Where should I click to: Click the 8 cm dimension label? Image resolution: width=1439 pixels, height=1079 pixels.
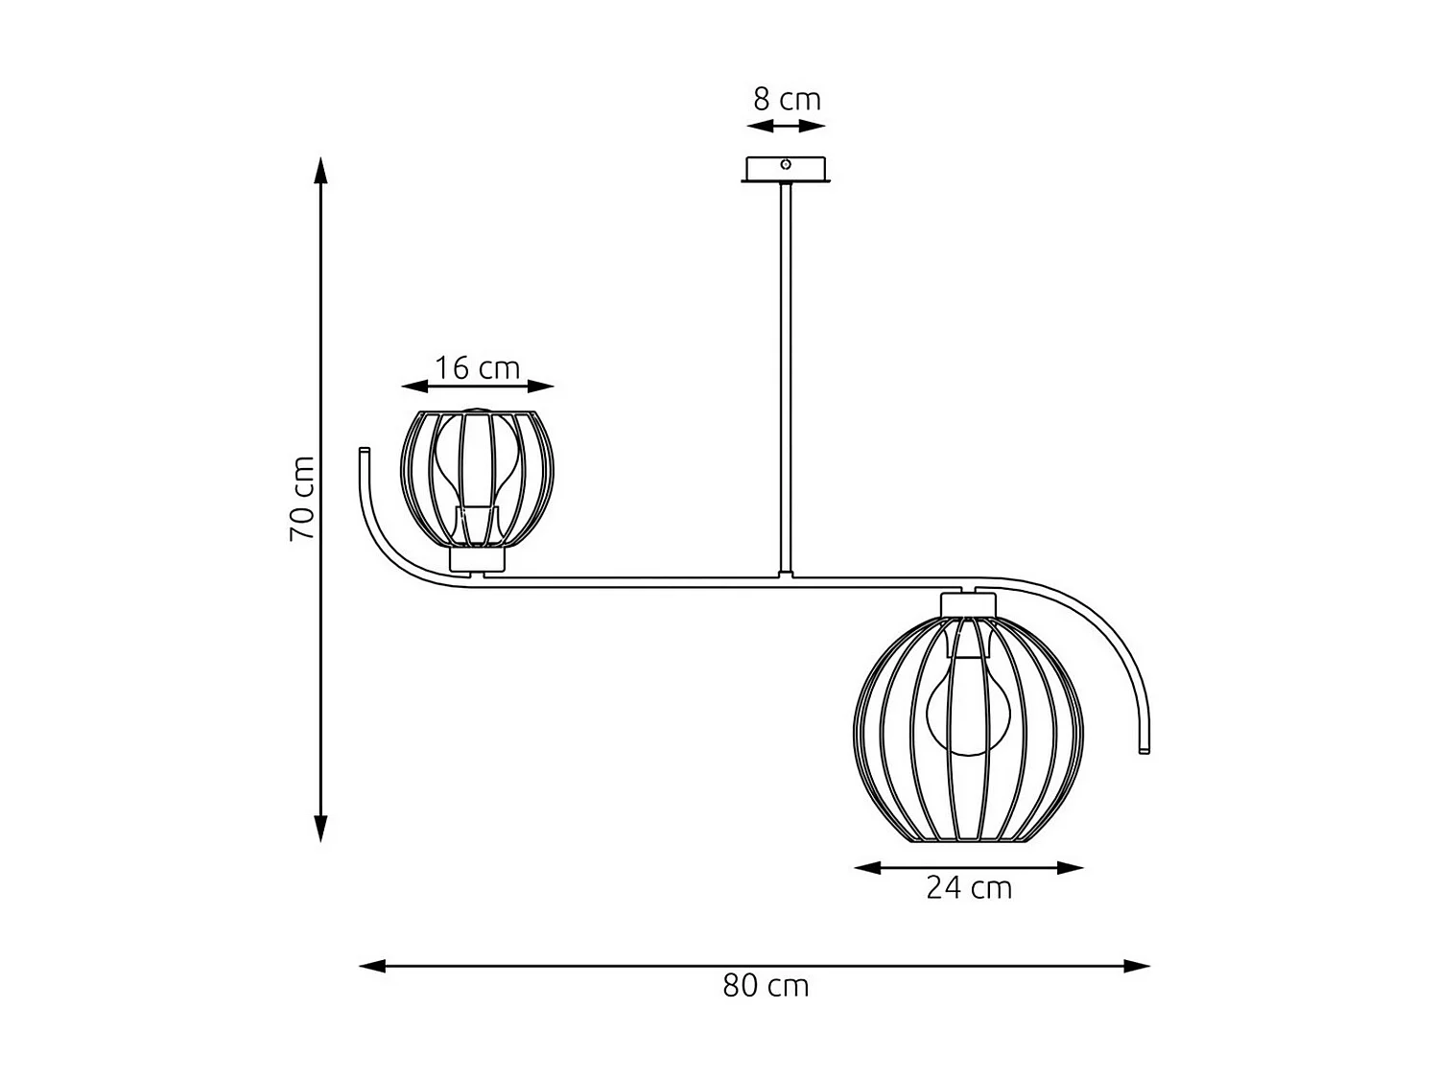pos(786,99)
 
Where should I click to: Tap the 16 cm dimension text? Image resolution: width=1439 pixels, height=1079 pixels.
pos(477,367)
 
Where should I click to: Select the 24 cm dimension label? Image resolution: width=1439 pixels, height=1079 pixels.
pos(969,888)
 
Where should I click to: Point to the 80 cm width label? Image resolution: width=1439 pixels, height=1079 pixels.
pos(766,986)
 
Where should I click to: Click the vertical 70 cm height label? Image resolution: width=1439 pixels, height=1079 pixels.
pos(302,498)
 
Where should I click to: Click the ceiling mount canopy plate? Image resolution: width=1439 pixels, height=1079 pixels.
pos(786,171)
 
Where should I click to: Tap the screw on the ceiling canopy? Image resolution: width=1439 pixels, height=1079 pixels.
pos(786,165)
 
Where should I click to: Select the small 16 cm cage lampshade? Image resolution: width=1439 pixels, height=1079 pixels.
pos(478,480)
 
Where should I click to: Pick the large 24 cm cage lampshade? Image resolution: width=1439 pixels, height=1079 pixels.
pos(969,729)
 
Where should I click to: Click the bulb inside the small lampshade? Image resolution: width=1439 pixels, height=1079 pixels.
pos(477,460)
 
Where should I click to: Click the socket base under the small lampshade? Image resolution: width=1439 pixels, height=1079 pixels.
pos(478,560)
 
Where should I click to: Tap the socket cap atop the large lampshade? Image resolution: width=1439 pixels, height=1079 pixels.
pos(969,605)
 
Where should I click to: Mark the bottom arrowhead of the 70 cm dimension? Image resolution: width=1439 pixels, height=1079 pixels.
pos(321,829)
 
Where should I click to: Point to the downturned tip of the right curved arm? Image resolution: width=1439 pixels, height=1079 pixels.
pos(1144,748)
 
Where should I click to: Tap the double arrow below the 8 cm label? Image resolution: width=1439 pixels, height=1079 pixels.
pos(786,127)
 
